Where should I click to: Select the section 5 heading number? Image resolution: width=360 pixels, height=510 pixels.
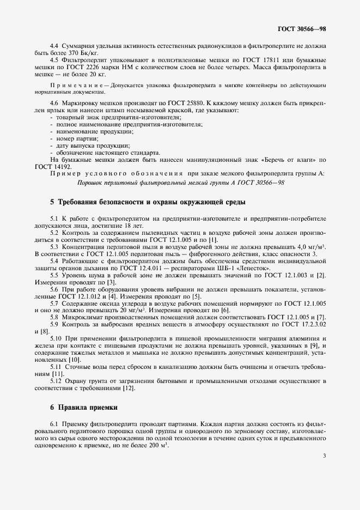tap(52, 202)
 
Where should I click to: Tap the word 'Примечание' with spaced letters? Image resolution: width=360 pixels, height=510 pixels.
tap(76, 86)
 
